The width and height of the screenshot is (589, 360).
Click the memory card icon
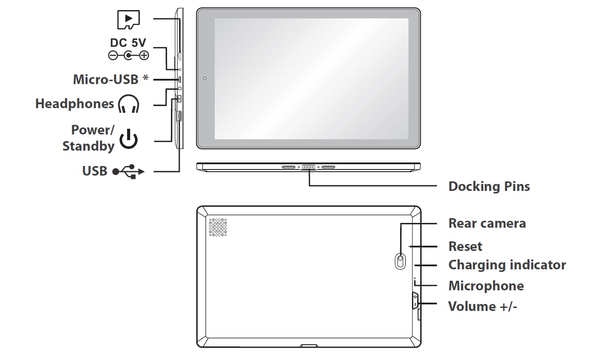point(128,20)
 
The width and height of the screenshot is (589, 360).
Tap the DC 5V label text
point(128,42)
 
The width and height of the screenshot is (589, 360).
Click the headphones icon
point(128,104)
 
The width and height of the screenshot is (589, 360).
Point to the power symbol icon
point(128,139)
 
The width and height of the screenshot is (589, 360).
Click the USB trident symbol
point(128,172)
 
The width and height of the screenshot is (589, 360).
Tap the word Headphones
point(75,103)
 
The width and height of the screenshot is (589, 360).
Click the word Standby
point(89,146)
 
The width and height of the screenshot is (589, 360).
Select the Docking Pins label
point(489,187)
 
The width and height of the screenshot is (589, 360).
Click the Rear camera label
point(487,223)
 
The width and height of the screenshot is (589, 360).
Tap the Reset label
point(465,247)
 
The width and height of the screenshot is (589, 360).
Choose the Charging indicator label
point(507,265)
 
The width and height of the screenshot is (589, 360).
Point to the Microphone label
point(486,286)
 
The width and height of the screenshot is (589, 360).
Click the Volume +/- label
point(483,307)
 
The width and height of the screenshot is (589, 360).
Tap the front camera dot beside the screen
point(205,78)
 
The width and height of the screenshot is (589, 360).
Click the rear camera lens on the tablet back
point(400,261)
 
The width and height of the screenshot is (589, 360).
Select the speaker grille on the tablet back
point(218,227)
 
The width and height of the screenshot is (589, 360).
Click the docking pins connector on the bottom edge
point(309,167)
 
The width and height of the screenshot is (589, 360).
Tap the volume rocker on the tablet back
point(415,300)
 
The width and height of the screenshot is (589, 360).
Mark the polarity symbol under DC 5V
point(128,56)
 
